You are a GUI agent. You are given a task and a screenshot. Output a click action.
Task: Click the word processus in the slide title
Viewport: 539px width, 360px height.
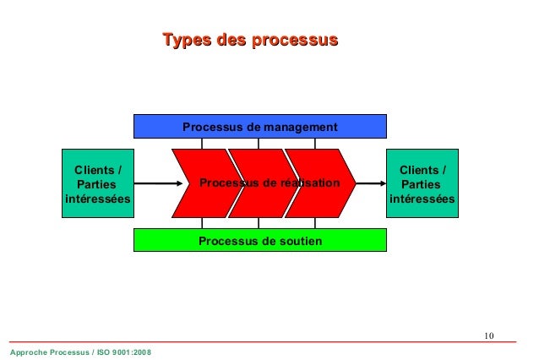(292, 40)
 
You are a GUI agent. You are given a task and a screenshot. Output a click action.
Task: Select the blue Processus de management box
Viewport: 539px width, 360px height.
(259, 127)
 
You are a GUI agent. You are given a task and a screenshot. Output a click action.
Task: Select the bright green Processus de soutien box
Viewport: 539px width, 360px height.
(259, 241)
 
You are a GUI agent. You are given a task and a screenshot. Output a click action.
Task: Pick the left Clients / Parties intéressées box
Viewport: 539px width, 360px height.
(97, 183)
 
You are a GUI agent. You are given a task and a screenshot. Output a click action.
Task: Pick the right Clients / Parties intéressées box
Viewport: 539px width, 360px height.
(422, 183)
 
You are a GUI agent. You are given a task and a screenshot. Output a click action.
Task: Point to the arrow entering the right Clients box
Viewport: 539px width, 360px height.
(370, 183)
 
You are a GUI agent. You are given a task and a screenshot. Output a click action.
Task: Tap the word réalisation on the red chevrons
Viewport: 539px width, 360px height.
(308, 183)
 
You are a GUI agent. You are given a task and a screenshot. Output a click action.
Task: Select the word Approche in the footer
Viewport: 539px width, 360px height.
(25, 351)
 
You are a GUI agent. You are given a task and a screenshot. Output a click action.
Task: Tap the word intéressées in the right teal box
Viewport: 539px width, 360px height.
(422, 199)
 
